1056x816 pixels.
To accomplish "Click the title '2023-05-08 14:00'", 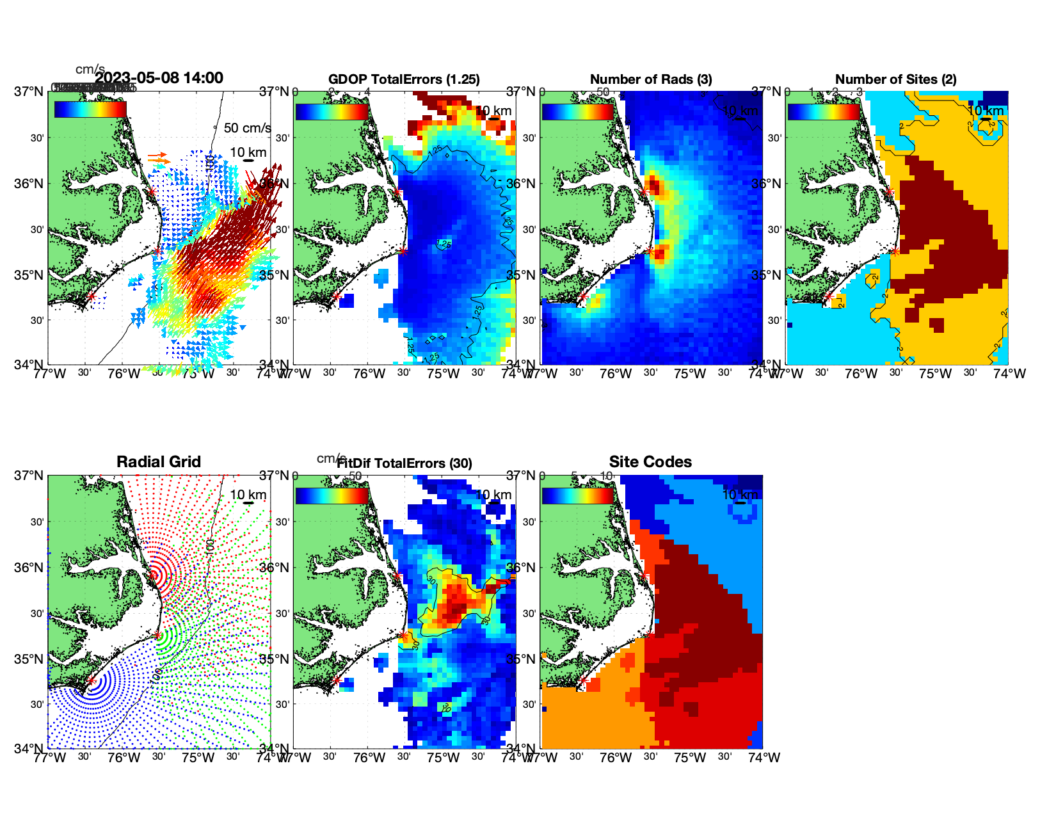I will pyautogui.click(x=159, y=78).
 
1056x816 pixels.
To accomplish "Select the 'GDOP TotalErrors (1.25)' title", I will pyautogui.click(x=404, y=79).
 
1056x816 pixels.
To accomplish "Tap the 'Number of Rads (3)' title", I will pyautogui.click(x=651, y=79).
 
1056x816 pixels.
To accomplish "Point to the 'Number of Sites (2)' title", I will pyautogui.click(x=896, y=79).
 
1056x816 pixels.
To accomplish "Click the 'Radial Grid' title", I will pyautogui.click(x=159, y=462).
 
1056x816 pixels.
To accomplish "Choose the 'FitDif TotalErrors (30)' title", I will pyautogui.click(x=404, y=463).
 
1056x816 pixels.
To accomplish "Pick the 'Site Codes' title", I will pyautogui.click(x=650, y=462).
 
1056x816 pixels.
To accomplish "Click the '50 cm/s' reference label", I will pyautogui.click(x=247, y=128).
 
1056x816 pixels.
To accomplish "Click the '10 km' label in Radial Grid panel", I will pyautogui.click(x=248, y=495).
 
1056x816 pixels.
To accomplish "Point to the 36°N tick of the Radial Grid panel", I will pyautogui.click(x=30, y=568).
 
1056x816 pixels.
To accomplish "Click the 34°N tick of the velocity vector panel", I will pyautogui.click(x=30, y=365).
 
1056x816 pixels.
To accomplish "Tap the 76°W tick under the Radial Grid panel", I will pyautogui.click(x=124, y=758).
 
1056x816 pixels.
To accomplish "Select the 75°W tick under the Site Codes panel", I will pyautogui.click(x=690, y=758).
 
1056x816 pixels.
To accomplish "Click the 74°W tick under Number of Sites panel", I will pyautogui.click(x=1009, y=374).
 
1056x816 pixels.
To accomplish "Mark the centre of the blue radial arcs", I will pyautogui.click(x=91, y=681).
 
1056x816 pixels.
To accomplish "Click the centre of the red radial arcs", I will pyautogui.click(x=154, y=575).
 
